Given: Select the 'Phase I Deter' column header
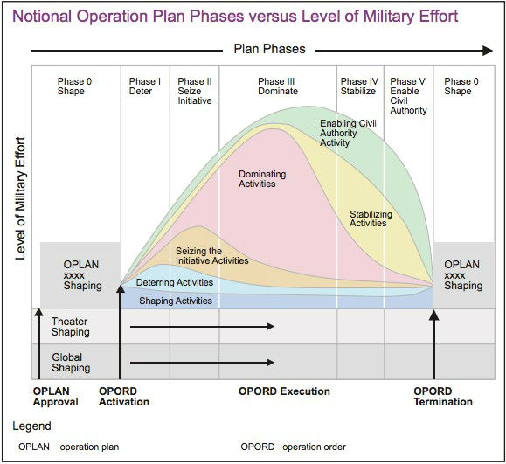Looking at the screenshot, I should [x=145, y=86].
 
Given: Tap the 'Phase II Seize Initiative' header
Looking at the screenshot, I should [x=194, y=91].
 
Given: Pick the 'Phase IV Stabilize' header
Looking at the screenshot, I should [x=358, y=86].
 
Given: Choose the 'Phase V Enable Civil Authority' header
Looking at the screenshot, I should [x=409, y=96].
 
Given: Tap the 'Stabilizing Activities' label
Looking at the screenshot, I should [x=371, y=218].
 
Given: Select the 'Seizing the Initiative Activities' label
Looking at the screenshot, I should [x=211, y=256].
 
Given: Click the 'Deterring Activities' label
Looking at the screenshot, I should [x=174, y=282].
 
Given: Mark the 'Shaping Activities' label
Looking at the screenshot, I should [x=176, y=300].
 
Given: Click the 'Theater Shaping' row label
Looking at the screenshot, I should [x=70, y=327].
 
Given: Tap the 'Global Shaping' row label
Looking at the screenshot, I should [x=70, y=362].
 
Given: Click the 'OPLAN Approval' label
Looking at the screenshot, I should [x=55, y=397].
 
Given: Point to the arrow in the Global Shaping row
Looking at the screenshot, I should [x=201, y=361].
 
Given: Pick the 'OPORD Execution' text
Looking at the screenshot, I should [x=284, y=391].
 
